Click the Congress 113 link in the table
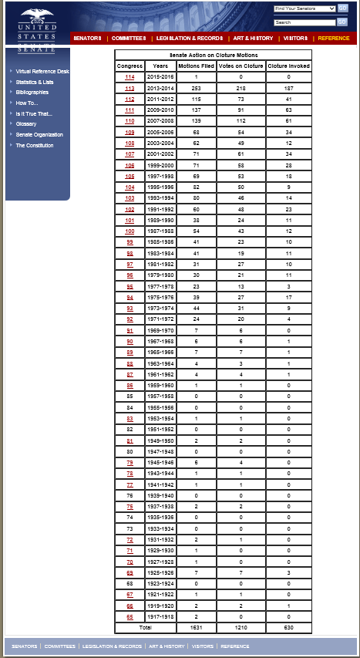pyautogui.click(x=130, y=88)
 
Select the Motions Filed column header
pyautogui.click(x=196, y=66)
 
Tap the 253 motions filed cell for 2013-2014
pyautogui.click(x=196, y=88)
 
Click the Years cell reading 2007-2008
pyautogui.click(x=160, y=121)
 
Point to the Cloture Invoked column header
pyautogui.click(x=289, y=66)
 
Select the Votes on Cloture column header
pyautogui.click(x=241, y=66)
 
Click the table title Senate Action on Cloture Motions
pyautogui.click(x=214, y=55)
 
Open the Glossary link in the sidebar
pyautogui.click(x=26, y=123)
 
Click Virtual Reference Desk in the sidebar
pyautogui.click(x=42, y=71)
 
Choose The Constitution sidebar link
pyautogui.click(x=35, y=145)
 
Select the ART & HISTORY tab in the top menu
pyautogui.click(x=253, y=38)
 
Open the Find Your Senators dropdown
pyautogui.click(x=304, y=8)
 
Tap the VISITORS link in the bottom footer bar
pyautogui.click(x=203, y=646)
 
